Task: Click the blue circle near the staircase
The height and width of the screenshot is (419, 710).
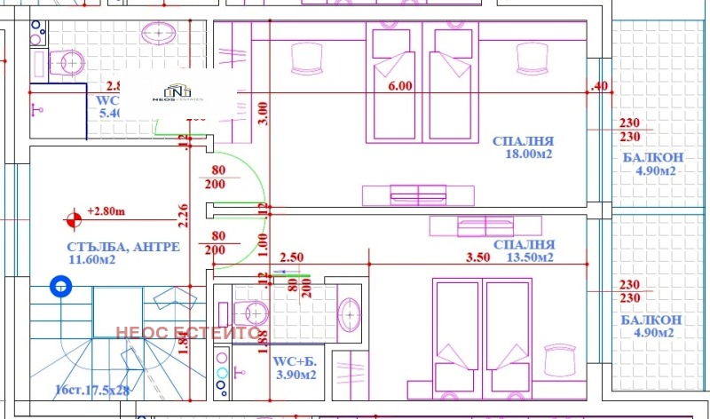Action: click(x=60, y=286)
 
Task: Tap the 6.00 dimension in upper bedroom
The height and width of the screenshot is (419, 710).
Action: click(x=400, y=86)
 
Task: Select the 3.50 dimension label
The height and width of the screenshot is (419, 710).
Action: click(x=477, y=258)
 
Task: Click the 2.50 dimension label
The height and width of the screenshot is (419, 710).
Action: click(x=292, y=258)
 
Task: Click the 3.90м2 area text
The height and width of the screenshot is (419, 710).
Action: click(x=296, y=376)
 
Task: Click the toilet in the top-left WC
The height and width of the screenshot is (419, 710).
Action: click(x=67, y=61)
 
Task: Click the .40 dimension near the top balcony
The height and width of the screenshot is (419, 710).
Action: click(x=600, y=86)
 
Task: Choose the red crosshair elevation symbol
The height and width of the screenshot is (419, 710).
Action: click(x=72, y=216)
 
